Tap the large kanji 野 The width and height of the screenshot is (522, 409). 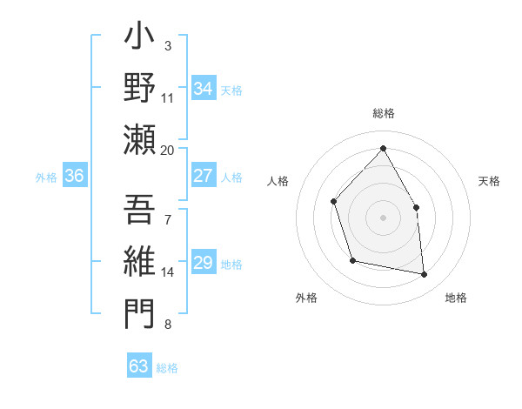[x=140, y=89]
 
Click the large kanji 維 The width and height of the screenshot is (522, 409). [x=140, y=263]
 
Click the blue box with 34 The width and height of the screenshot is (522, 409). [x=203, y=88]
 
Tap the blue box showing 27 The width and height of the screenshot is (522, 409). [x=203, y=176]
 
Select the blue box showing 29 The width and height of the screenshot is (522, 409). [x=203, y=263]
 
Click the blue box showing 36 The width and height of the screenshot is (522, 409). [x=74, y=176]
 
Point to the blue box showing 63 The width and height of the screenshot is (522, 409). [x=138, y=366]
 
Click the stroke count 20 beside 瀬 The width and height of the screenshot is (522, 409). [x=168, y=150]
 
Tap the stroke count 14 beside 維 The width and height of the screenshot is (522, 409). [x=168, y=272]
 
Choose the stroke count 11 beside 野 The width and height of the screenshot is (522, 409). [x=168, y=98]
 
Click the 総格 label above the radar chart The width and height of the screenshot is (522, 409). [x=383, y=113]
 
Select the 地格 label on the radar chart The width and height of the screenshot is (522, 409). [x=456, y=298]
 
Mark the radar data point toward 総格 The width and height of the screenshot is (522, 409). [x=383, y=148]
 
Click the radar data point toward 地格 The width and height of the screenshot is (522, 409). [x=424, y=275]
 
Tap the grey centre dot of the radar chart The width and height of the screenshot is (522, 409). [x=383, y=217]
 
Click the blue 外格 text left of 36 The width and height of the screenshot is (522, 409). [x=46, y=177]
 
